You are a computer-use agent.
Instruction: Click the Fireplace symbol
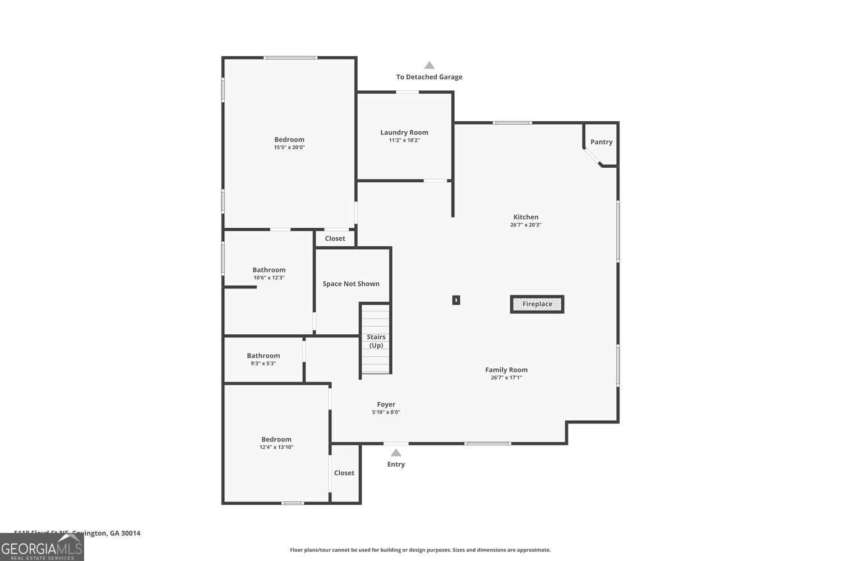[x=537, y=304]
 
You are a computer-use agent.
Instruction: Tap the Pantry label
[x=601, y=142]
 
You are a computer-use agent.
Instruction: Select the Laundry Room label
[x=404, y=132]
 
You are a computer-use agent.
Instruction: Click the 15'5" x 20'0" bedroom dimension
[x=289, y=148]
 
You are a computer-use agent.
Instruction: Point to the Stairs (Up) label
[x=376, y=341]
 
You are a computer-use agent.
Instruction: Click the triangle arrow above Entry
[x=396, y=453]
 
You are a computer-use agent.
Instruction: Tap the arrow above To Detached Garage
[x=429, y=65]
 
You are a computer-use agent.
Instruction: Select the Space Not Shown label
[x=351, y=284]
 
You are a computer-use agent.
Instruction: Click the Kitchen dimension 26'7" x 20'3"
[x=525, y=225]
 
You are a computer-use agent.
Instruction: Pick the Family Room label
[x=506, y=370]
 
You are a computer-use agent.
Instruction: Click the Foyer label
[x=386, y=404]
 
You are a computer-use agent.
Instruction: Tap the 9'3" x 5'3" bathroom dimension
[x=263, y=364]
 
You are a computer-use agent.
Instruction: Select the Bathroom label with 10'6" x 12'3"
[x=269, y=270]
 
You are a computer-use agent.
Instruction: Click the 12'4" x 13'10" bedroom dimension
[x=276, y=447]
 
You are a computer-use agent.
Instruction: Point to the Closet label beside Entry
[x=344, y=473]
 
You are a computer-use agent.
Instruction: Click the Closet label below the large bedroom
[x=335, y=238]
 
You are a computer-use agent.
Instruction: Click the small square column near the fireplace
[x=456, y=300]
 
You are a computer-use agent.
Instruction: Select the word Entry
[x=396, y=465]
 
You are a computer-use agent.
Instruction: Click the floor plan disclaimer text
[x=420, y=550]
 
